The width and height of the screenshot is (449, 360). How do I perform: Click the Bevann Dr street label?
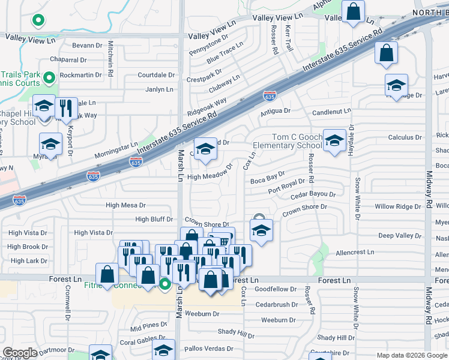point(88,46)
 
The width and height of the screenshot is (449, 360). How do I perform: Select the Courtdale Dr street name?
point(156,76)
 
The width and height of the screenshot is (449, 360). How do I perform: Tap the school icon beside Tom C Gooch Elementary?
point(335,141)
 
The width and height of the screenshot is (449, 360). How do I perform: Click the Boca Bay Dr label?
point(267,179)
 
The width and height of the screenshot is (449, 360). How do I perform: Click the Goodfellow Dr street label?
point(276,289)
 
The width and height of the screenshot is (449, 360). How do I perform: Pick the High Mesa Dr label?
point(126,205)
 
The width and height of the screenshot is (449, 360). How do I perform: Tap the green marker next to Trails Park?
point(49,77)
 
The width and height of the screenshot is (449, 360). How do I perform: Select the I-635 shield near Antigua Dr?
point(270,95)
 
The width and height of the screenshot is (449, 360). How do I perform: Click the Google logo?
point(20,353)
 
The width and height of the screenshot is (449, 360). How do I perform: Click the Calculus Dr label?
point(402,137)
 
